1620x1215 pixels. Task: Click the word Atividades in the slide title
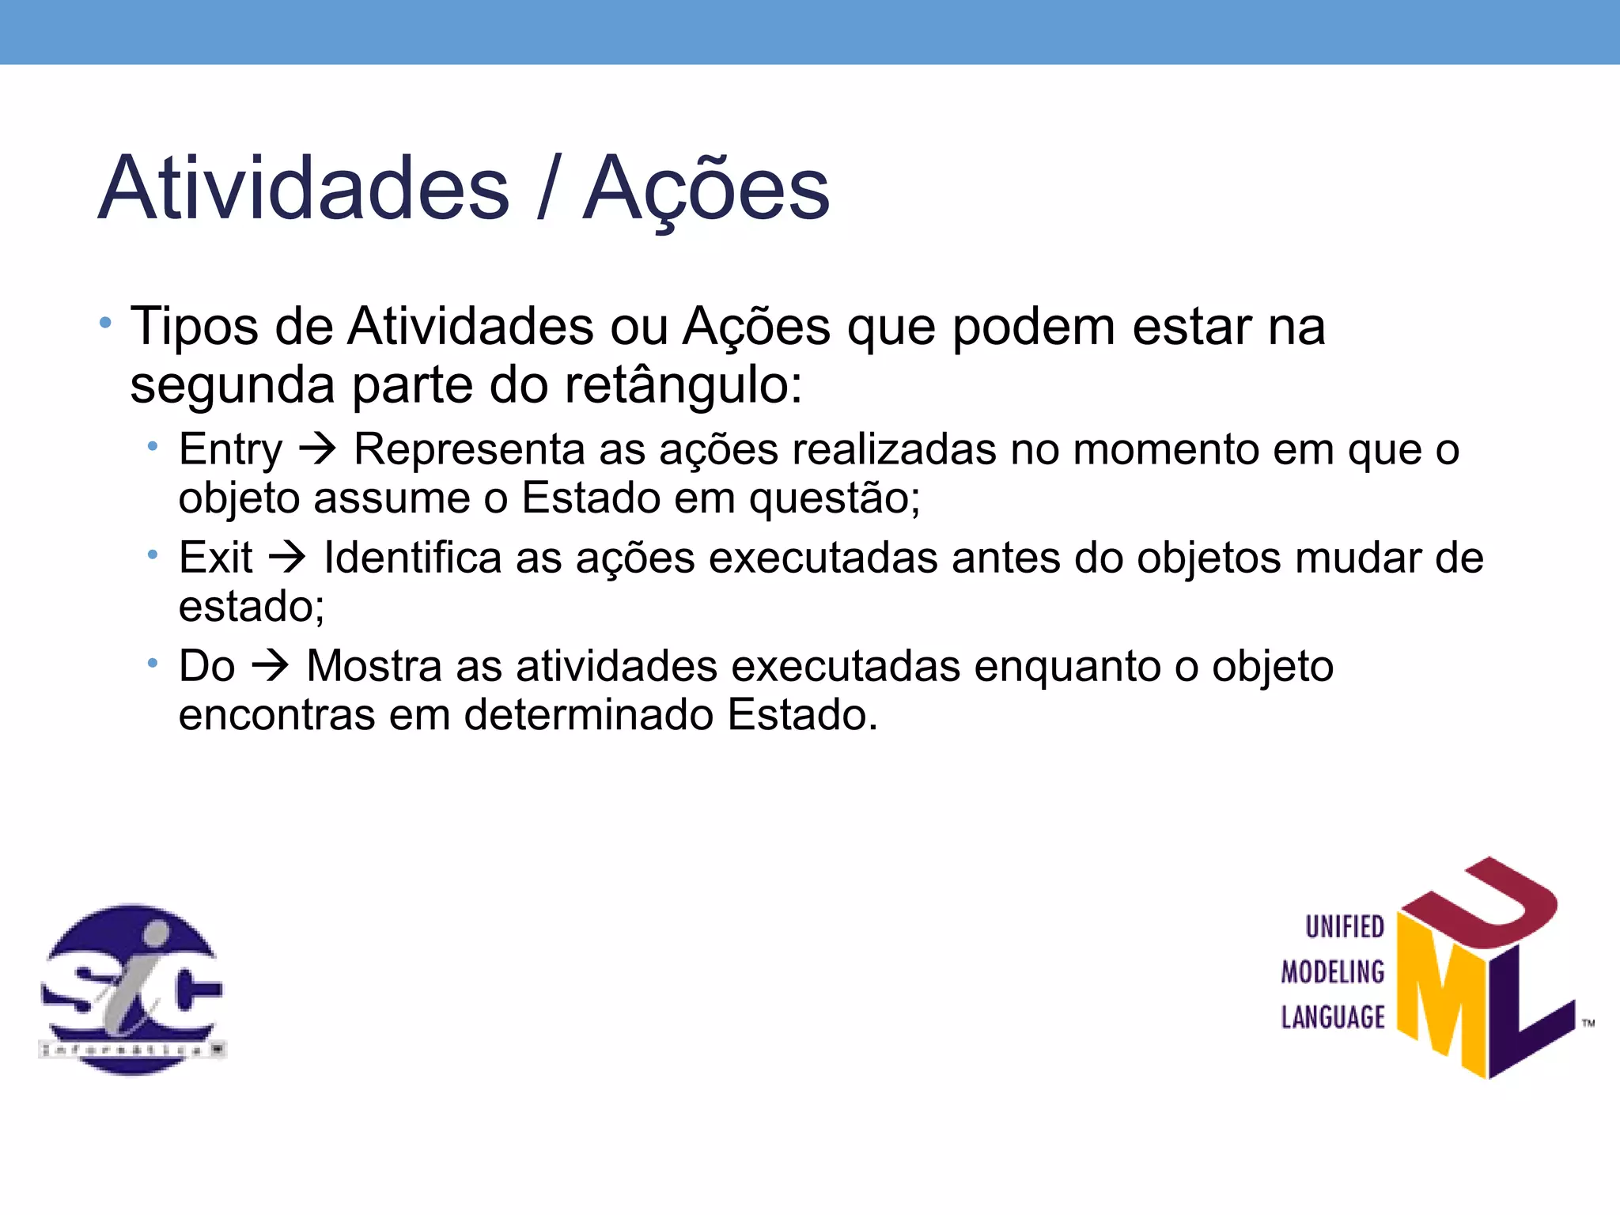pyautogui.click(x=305, y=188)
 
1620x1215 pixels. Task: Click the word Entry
pyautogui.click(x=230, y=450)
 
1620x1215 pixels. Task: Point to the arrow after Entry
pyautogui.click(x=318, y=449)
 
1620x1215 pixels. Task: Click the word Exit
pyautogui.click(x=215, y=558)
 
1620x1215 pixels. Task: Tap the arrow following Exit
pyautogui.click(x=287, y=557)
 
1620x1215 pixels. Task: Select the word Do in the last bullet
pyautogui.click(x=206, y=666)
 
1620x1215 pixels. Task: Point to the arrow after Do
pyautogui.click(x=271, y=665)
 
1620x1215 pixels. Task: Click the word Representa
pyautogui.click(x=469, y=449)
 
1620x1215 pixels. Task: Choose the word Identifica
pyautogui.click(x=412, y=558)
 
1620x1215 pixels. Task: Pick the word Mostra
pyautogui.click(x=373, y=666)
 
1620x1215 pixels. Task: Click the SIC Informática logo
pyautogui.click(x=132, y=989)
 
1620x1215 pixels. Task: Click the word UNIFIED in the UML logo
pyautogui.click(x=1344, y=927)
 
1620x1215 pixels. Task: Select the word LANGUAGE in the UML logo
pyautogui.click(x=1333, y=1017)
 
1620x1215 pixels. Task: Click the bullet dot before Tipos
pyautogui.click(x=105, y=323)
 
